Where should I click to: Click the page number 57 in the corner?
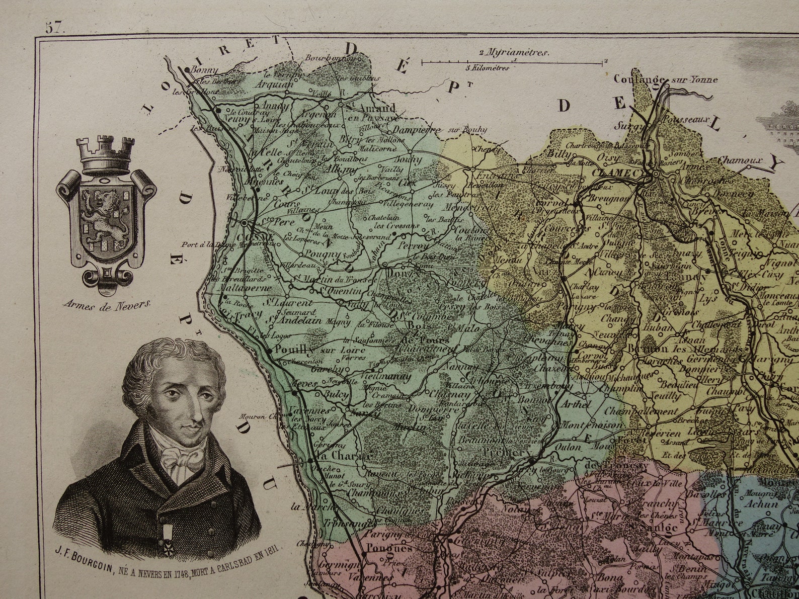point(55,28)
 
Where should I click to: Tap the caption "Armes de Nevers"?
point(107,304)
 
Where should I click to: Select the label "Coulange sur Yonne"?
point(665,79)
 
